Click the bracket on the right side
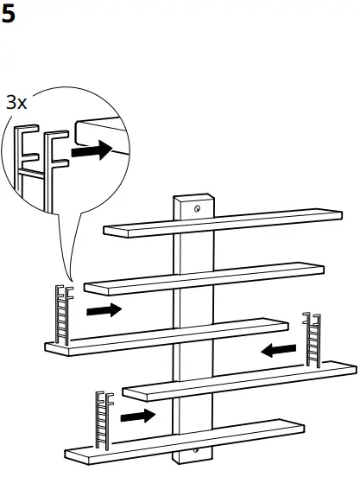pos(311,339)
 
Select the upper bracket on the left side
pos(62,315)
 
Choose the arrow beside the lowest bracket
pos(138,417)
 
